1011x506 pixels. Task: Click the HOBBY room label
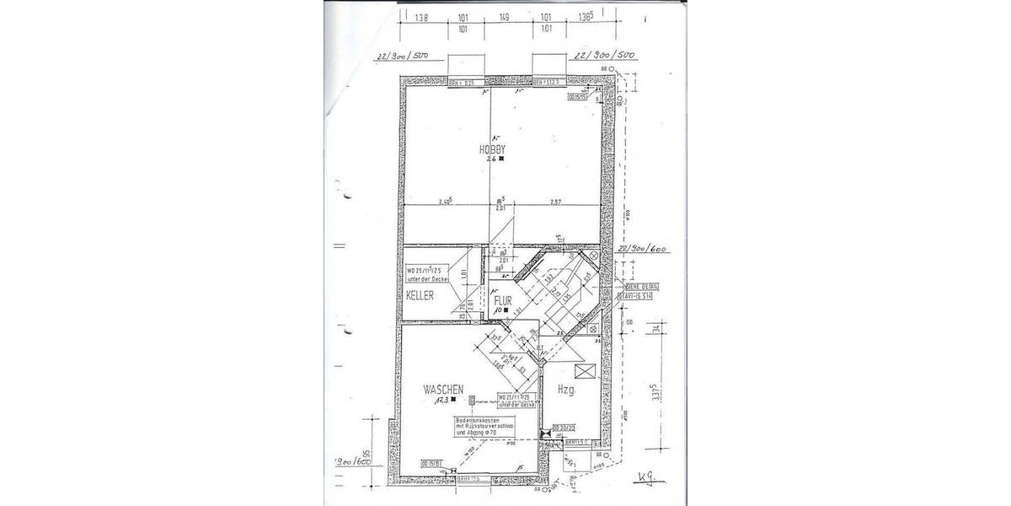click(x=491, y=148)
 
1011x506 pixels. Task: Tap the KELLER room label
click(x=420, y=296)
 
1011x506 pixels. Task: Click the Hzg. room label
click(x=566, y=390)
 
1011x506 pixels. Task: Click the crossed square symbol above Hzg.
click(x=582, y=371)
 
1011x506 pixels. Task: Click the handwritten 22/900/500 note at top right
click(x=604, y=56)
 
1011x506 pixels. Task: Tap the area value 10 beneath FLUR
click(x=500, y=310)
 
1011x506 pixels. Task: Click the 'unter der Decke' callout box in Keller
click(x=429, y=274)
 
